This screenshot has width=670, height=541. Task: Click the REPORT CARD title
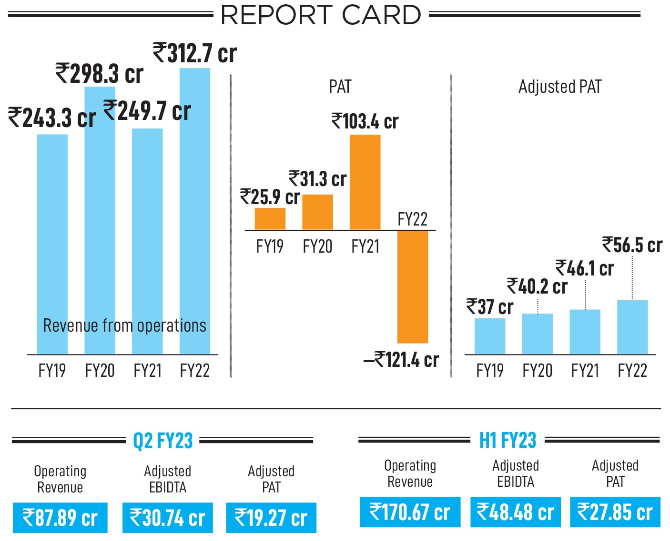[x=321, y=15]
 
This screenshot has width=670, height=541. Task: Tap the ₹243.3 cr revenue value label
[x=51, y=118]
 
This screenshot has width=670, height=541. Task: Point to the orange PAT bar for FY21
[x=365, y=182]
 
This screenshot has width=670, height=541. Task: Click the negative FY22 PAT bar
[x=413, y=286]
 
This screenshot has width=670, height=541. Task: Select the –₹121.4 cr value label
[x=401, y=360]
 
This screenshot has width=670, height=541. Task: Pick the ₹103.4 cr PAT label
[x=365, y=121]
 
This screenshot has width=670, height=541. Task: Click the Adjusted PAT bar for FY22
[x=632, y=327]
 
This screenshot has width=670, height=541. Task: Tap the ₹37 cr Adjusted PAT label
[x=489, y=307]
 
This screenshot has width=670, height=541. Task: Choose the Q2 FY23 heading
[x=163, y=441]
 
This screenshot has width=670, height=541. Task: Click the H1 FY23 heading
[x=508, y=440]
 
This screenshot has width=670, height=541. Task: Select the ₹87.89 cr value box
[x=60, y=518]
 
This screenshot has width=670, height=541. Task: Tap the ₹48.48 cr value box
[x=516, y=512]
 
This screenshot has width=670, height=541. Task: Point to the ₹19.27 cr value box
[x=271, y=518]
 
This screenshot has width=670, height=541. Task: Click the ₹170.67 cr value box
[x=410, y=512]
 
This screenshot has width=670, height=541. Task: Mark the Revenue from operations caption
[x=124, y=325]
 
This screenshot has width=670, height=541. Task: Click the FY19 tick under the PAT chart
[x=270, y=246]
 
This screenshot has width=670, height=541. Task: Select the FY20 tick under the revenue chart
[x=100, y=370]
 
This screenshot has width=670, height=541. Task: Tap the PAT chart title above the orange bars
[x=340, y=87]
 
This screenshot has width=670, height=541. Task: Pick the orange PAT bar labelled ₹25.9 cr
[x=270, y=219]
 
